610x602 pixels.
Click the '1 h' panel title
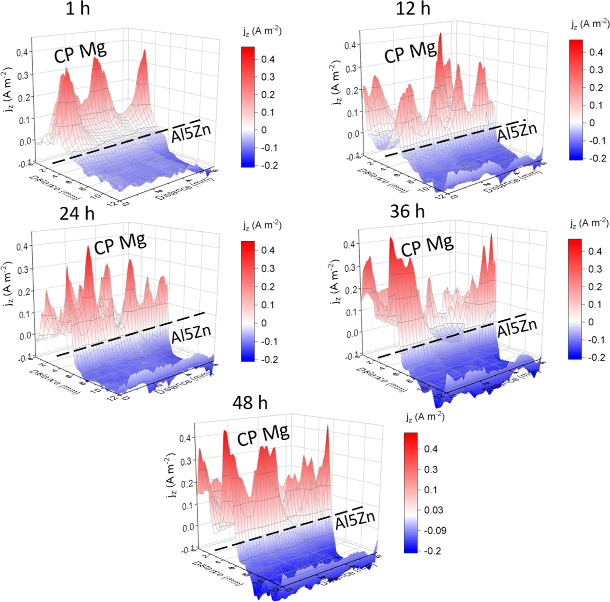click(x=78, y=8)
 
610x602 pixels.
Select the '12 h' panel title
click(x=413, y=8)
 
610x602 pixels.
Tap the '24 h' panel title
click(x=77, y=213)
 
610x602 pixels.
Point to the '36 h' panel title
click(x=407, y=211)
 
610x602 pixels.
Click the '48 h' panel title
click(x=250, y=402)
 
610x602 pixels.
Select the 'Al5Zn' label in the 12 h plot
click(x=517, y=132)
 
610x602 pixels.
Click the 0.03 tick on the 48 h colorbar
click(x=433, y=510)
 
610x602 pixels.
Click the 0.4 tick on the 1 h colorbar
click(x=268, y=59)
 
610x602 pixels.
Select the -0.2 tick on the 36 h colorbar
click(x=597, y=357)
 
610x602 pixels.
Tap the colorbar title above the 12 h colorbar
click(x=590, y=24)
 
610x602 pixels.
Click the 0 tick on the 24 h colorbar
click(x=264, y=323)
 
